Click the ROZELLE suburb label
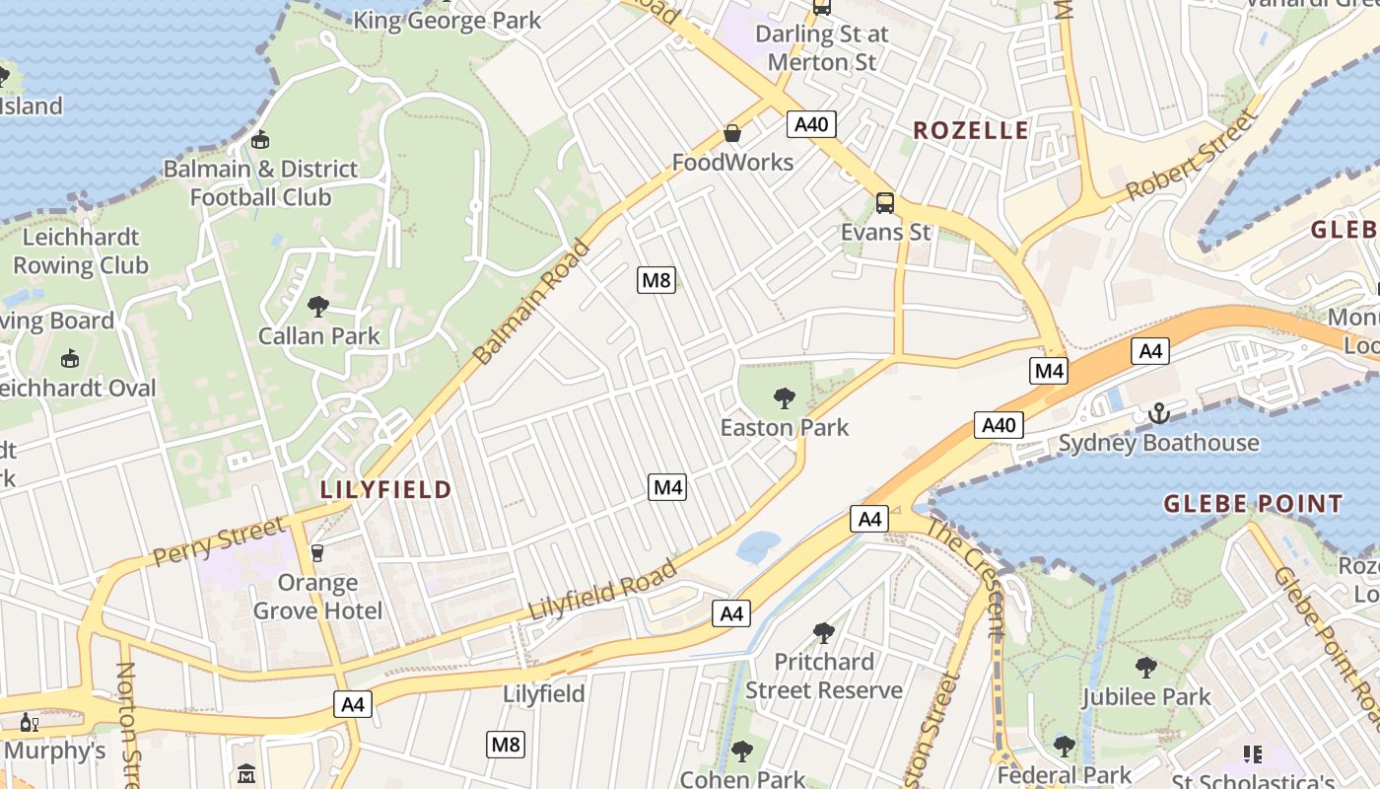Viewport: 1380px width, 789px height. [970, 130]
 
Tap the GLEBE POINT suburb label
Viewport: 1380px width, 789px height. [1253, 504]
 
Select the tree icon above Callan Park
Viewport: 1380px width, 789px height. [317, 307]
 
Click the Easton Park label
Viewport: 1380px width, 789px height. [784, 428]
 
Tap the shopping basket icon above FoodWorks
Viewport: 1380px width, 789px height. [732, 132]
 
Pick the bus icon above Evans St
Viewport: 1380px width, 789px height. [884, 203]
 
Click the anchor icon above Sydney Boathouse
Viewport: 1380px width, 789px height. [1158, 413]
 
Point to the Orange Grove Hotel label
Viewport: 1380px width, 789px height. [317, 596]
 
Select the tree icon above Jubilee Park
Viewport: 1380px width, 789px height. [1145, 668]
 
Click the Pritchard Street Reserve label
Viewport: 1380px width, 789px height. [823, 676]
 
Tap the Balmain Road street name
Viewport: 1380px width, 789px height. [531, 302]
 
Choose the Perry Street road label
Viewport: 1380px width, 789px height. [218, 542]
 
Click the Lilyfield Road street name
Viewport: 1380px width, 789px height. [603, 591]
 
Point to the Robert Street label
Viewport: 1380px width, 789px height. [1192, 155]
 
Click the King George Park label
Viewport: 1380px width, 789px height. [448, 20]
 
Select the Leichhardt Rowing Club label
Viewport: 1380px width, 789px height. [81, 251]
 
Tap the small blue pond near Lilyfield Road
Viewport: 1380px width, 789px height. [757, 546]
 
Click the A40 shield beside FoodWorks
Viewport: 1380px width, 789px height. [812, 123]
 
